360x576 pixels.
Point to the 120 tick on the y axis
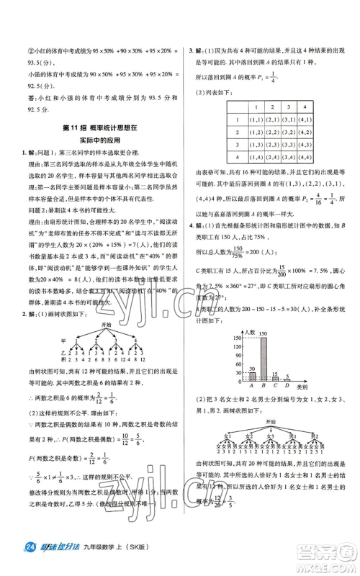[x=235, y=348]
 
